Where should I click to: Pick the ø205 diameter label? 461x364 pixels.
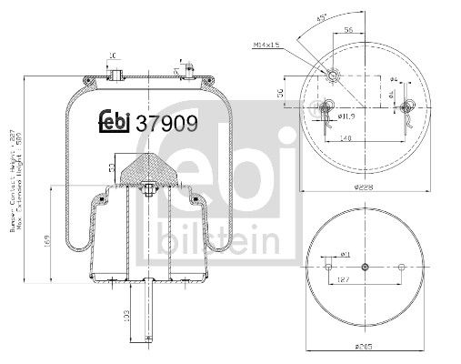pos(364,347)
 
